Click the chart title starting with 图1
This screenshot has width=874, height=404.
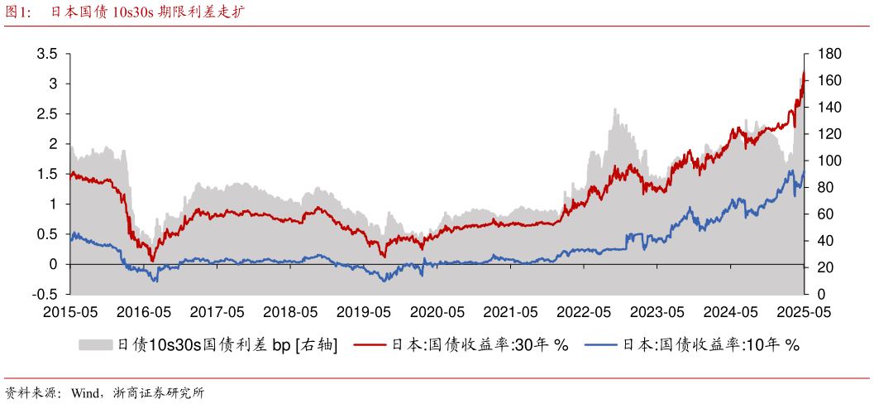(124, 12)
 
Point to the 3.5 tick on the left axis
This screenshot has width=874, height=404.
(47, 54)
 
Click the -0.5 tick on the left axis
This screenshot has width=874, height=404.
(45, 294)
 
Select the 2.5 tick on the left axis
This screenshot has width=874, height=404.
(47, 114)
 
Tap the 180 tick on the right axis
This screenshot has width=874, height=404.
(829, 54)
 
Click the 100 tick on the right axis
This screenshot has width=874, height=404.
(829, 161)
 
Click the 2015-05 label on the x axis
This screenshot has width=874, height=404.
(69, 312)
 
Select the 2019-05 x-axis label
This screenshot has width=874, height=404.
(364, 312)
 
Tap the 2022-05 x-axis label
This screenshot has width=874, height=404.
(584, 312)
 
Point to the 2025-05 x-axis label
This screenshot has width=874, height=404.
(805, 312)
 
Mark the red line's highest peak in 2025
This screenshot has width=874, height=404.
(803, 72)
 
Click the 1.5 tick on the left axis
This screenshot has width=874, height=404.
(47, 174)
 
